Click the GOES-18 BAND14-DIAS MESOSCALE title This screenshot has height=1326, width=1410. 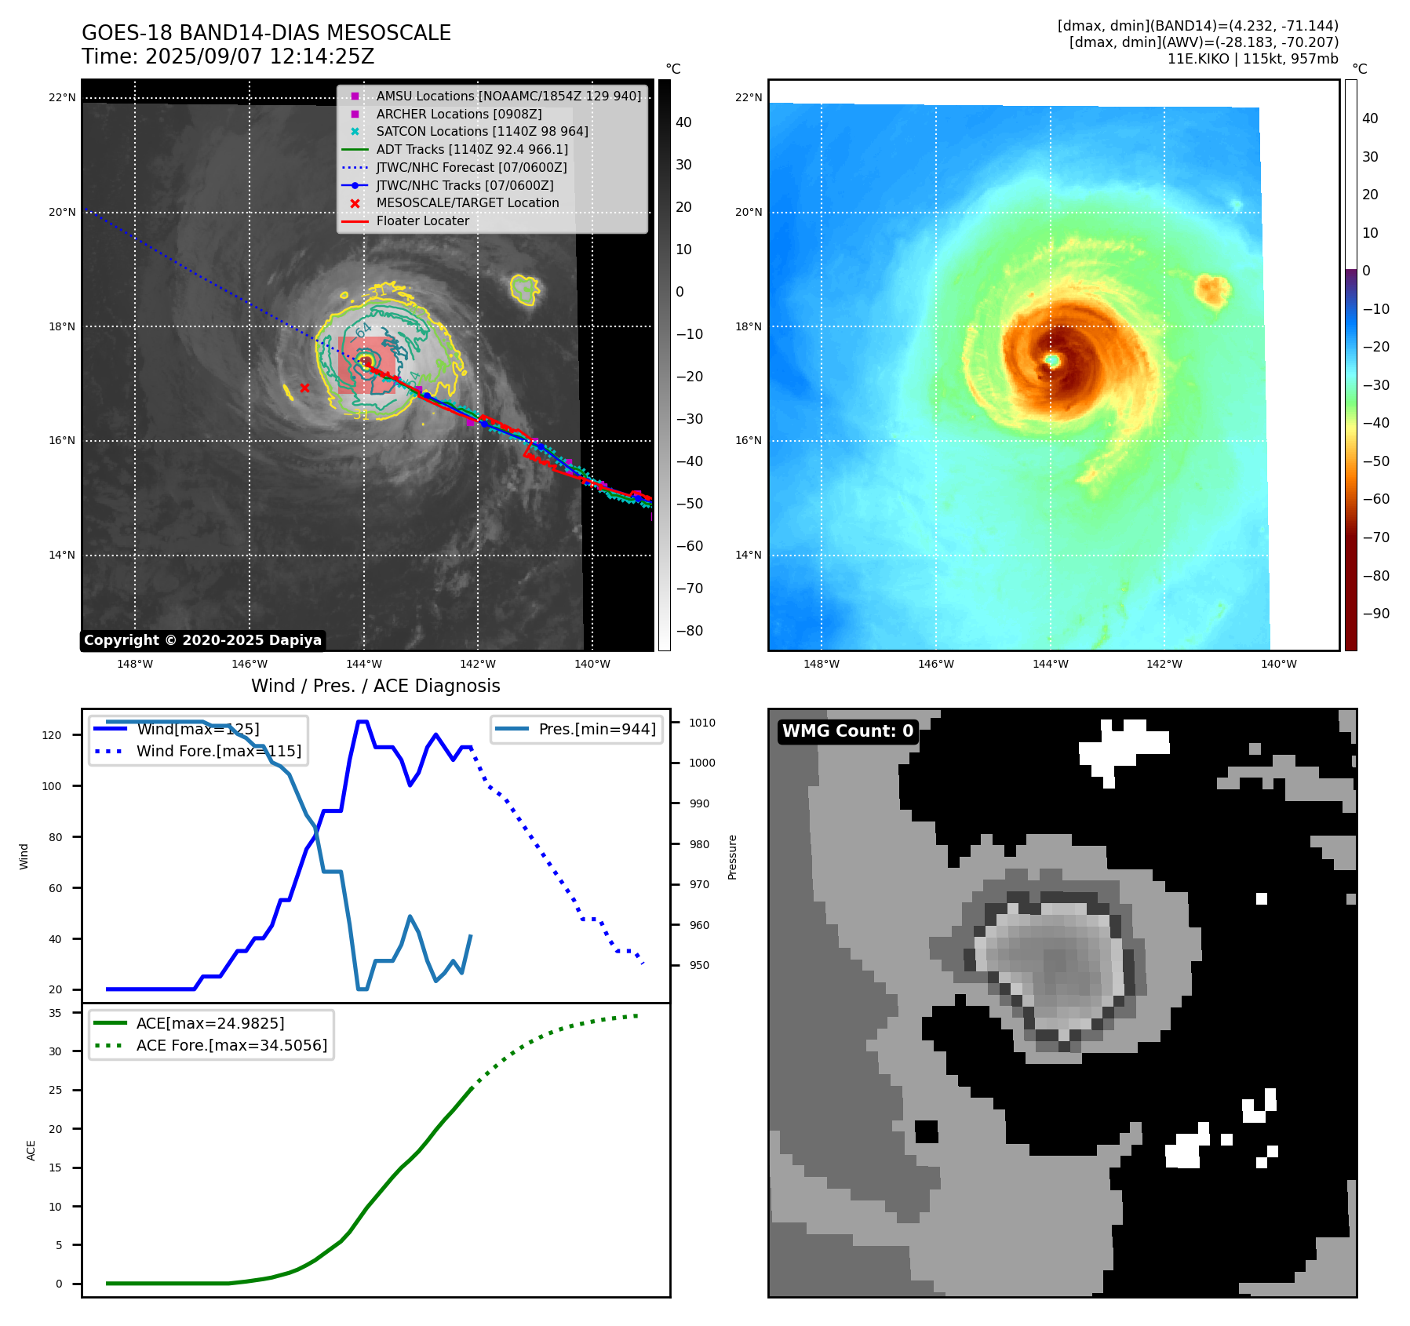coord(266,33)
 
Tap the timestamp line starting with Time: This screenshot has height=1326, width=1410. coord(228,57)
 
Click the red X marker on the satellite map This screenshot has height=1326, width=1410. coord(304,388)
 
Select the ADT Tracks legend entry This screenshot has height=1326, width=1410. coord(472,149)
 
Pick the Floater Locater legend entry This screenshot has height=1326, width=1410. coord(422,220)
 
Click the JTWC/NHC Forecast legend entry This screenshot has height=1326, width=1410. coord(471,167)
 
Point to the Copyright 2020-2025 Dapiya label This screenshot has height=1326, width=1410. coord(202,640)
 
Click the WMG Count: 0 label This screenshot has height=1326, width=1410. coord(847,731)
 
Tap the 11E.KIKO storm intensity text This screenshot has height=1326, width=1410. coord(1252,59)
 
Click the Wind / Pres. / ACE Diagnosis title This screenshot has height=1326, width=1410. coord(375,686)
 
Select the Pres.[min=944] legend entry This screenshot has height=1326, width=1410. coord(596,729)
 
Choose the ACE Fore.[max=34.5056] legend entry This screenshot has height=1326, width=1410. coord(231,1045)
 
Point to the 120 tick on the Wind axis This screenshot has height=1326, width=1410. coord(52,735)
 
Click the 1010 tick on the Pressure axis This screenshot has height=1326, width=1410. coord(702,723)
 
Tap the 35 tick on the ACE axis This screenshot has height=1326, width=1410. coord(55,1013)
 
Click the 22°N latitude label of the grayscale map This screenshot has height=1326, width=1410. coord(62,98)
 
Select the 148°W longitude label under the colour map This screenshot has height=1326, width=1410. coord(821,664)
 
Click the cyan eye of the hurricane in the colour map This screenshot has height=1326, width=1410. coord(1052,360)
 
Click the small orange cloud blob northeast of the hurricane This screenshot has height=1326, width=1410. coord(1211,290)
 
